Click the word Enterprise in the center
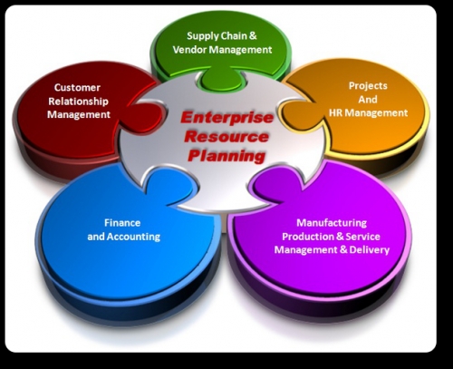226,117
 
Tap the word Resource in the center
226,137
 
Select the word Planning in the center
226,156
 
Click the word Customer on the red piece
77,88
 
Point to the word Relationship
78,102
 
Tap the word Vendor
189,50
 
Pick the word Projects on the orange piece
368,86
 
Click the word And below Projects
368,100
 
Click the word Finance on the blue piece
122,223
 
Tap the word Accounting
133,237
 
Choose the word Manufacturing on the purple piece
332,223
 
